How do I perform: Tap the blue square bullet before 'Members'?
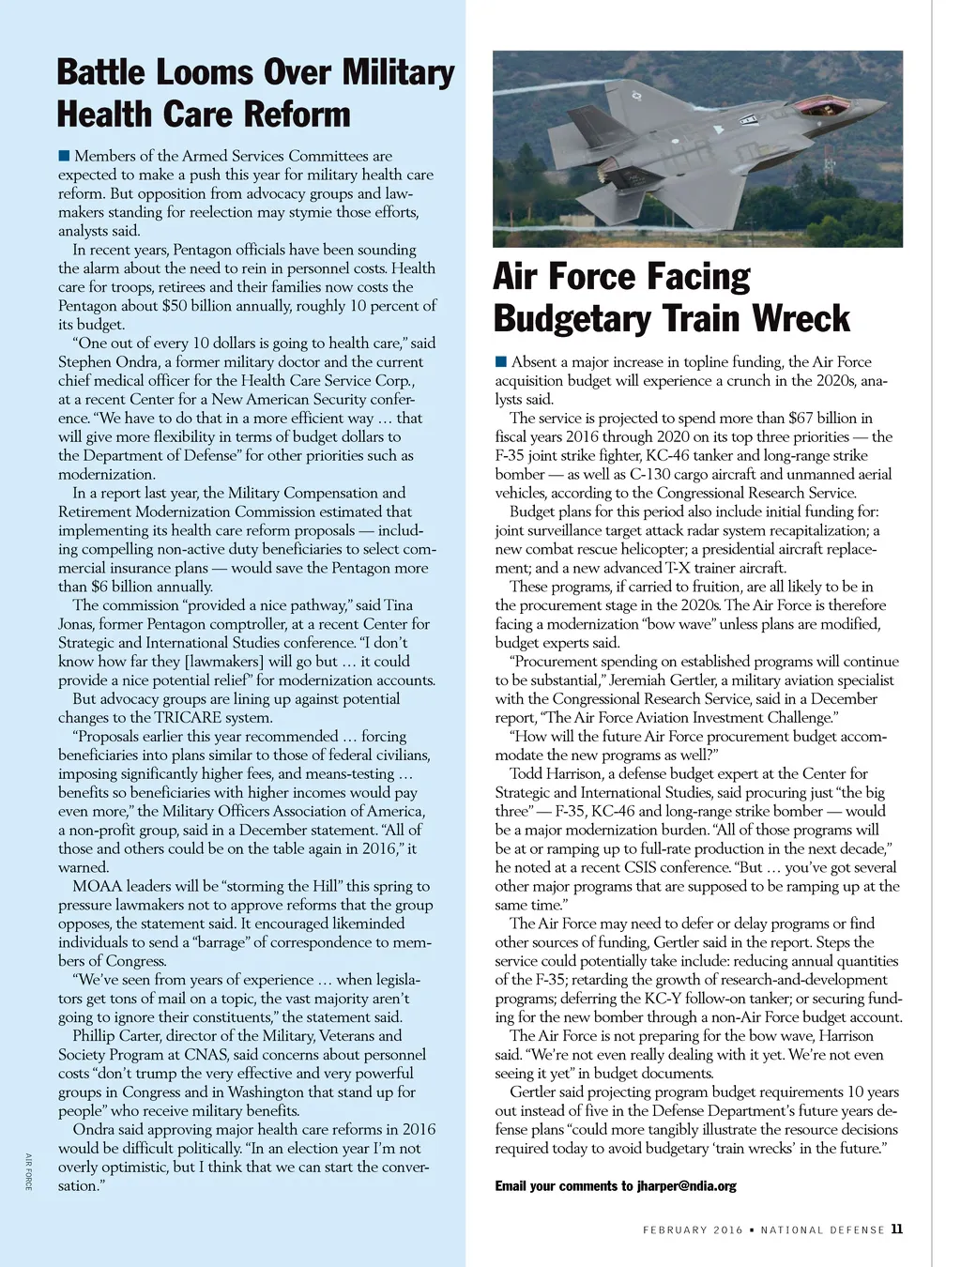tap(64, 155)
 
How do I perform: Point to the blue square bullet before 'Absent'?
tap(501, 361)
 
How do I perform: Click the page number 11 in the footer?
tap(897, 1229)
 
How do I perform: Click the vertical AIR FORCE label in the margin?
tap(29, 1171)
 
